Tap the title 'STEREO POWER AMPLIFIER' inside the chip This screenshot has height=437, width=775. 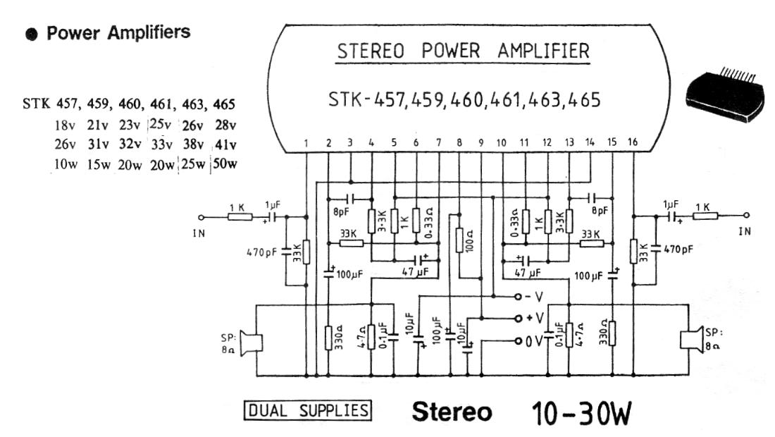coord(464,51)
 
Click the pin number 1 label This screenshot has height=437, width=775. coord(306,144)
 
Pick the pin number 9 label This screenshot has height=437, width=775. coord(481,143)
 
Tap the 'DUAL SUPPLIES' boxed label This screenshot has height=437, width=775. coord(306,410)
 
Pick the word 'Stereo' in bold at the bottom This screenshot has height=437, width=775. coord(452,412)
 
